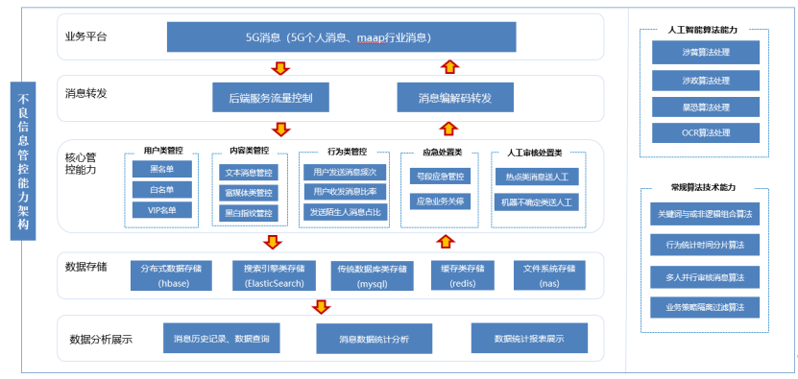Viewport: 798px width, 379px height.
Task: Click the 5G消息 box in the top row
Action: coord(337,37)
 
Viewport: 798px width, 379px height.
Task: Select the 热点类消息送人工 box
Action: coord(536,178)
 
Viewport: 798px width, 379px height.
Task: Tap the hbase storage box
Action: coord(172,275)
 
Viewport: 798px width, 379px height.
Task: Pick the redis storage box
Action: coord(462,275)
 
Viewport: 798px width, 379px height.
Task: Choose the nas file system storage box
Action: coord(551,275)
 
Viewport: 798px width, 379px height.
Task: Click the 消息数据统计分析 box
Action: coord(374,339)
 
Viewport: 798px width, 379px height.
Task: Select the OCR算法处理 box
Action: coord(704,131)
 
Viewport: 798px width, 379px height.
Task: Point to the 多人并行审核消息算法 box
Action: coord(705,276)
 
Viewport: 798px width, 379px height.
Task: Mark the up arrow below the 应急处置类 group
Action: coord(443,239)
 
